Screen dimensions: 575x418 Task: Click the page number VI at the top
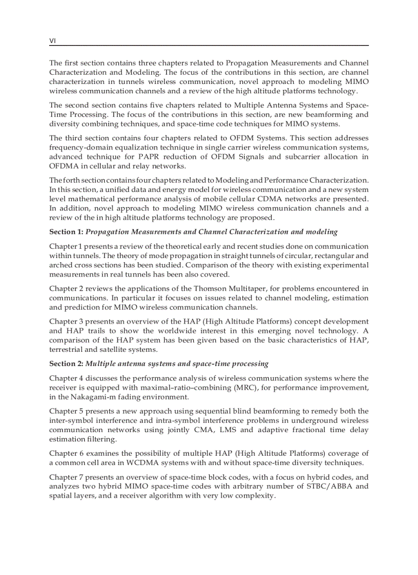pyautogui.click(x=52, y=40)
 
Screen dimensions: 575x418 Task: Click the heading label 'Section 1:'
pyautogui.click(x=66, y=232)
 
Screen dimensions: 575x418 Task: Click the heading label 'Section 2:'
pyautogui.click(x=66, y=364)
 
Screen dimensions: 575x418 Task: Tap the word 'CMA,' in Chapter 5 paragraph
pyautogui.click(x=203, y=430)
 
